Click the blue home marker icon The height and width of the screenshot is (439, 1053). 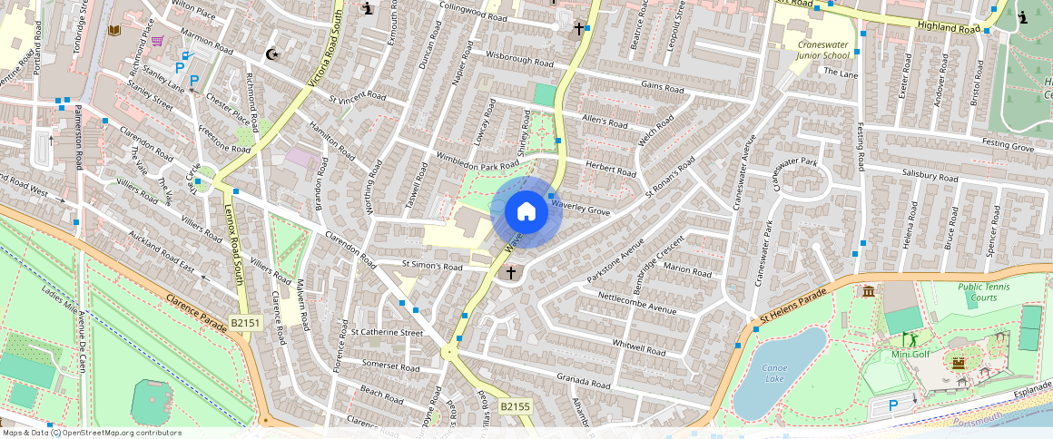pyautogui.click(x=526, y=212)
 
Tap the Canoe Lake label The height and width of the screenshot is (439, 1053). pyautogui.click(x=773, y=373)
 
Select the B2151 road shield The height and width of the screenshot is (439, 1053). pyautogui.click(x=245, y=322)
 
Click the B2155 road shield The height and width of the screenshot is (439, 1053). pyautogui.click(x=515, y=406)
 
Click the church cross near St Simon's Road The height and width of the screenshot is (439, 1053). pyautogui.click(x=510, y=272)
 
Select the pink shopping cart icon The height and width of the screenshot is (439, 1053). pyautogui.click(x=158, y=40)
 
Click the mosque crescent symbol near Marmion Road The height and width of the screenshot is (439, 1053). pyautogui.click(x=271, y=54)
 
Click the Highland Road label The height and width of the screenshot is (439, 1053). pyautogui.click(x=950, y=28)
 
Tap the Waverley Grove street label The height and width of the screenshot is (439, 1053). pyautogui.click(x=581, y=208)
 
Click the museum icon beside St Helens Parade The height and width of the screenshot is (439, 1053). pyautogui.click(x=869, y=291)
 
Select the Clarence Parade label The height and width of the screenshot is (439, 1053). pyautogui.click(x=194, y=314)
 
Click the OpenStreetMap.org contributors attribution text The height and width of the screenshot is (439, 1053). pyautogui.click(x=121, y=433)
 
